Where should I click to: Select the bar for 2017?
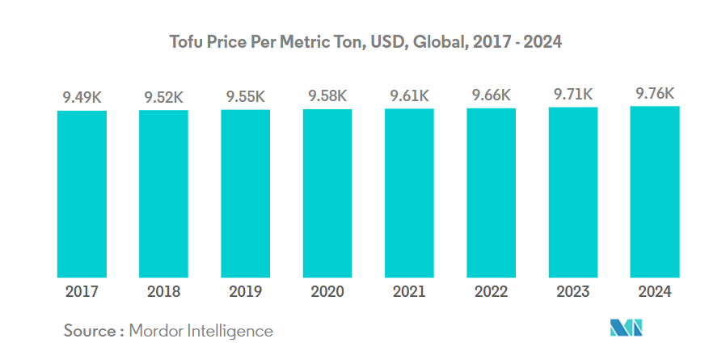point(82,194)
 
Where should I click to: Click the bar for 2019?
point(245,194)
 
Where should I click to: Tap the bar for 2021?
point(409,193)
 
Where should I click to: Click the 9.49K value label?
point(82,98)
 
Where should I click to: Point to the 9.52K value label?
point(163,97)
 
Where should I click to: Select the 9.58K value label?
point(327,96)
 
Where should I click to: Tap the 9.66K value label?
point(491,95)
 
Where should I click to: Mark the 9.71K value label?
point(573,94)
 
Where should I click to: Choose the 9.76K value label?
point(655,93)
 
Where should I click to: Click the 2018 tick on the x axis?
point(163,292)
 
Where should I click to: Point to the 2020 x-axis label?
point(327,292)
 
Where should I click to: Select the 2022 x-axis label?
point(491,292)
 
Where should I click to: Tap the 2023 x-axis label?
point(573,292)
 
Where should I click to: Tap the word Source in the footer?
point(90,331)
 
